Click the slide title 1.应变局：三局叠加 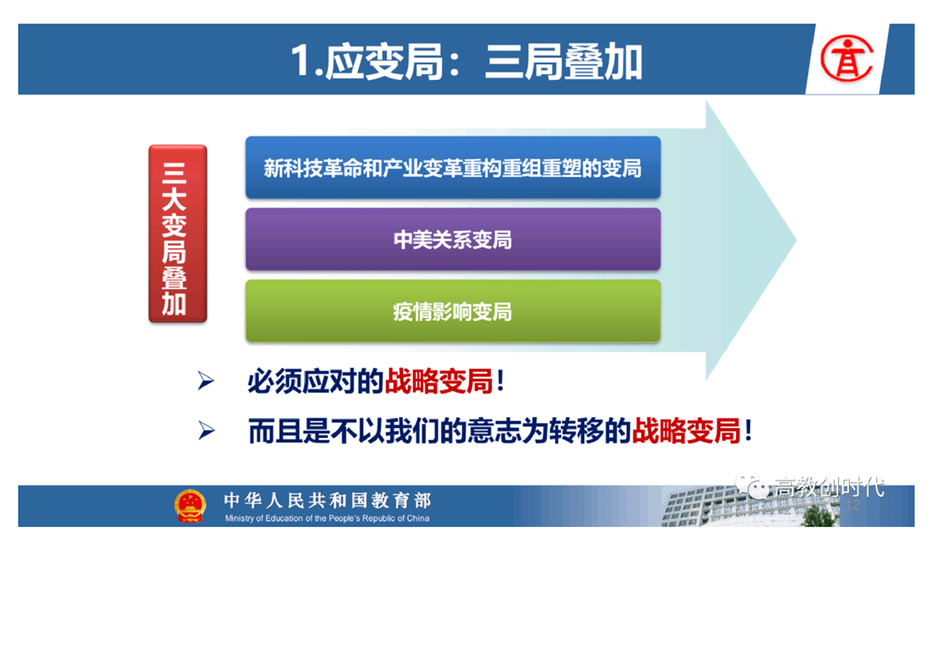pos(467,61)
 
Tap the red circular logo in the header pos(846,58)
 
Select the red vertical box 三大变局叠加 pos(178,234)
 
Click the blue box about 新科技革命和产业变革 pos(453,167)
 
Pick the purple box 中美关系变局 pos(453,239)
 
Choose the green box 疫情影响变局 pos(453,311)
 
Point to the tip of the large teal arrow pos(796,240)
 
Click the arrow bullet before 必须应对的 pos(206,381)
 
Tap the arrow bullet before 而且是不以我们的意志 pos(206,430)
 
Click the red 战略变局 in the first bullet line pos(439,381)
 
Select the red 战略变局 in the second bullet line pos(686,431)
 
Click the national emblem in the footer pos(190,505)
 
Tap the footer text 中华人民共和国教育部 pos(327,500)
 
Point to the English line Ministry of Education pos(327,518)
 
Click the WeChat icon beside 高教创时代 pos(752,485)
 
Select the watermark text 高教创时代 pos(829,486)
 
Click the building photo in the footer pos(750,507)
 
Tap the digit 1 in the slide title pos(301,61)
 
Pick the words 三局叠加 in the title pos(564,61)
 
